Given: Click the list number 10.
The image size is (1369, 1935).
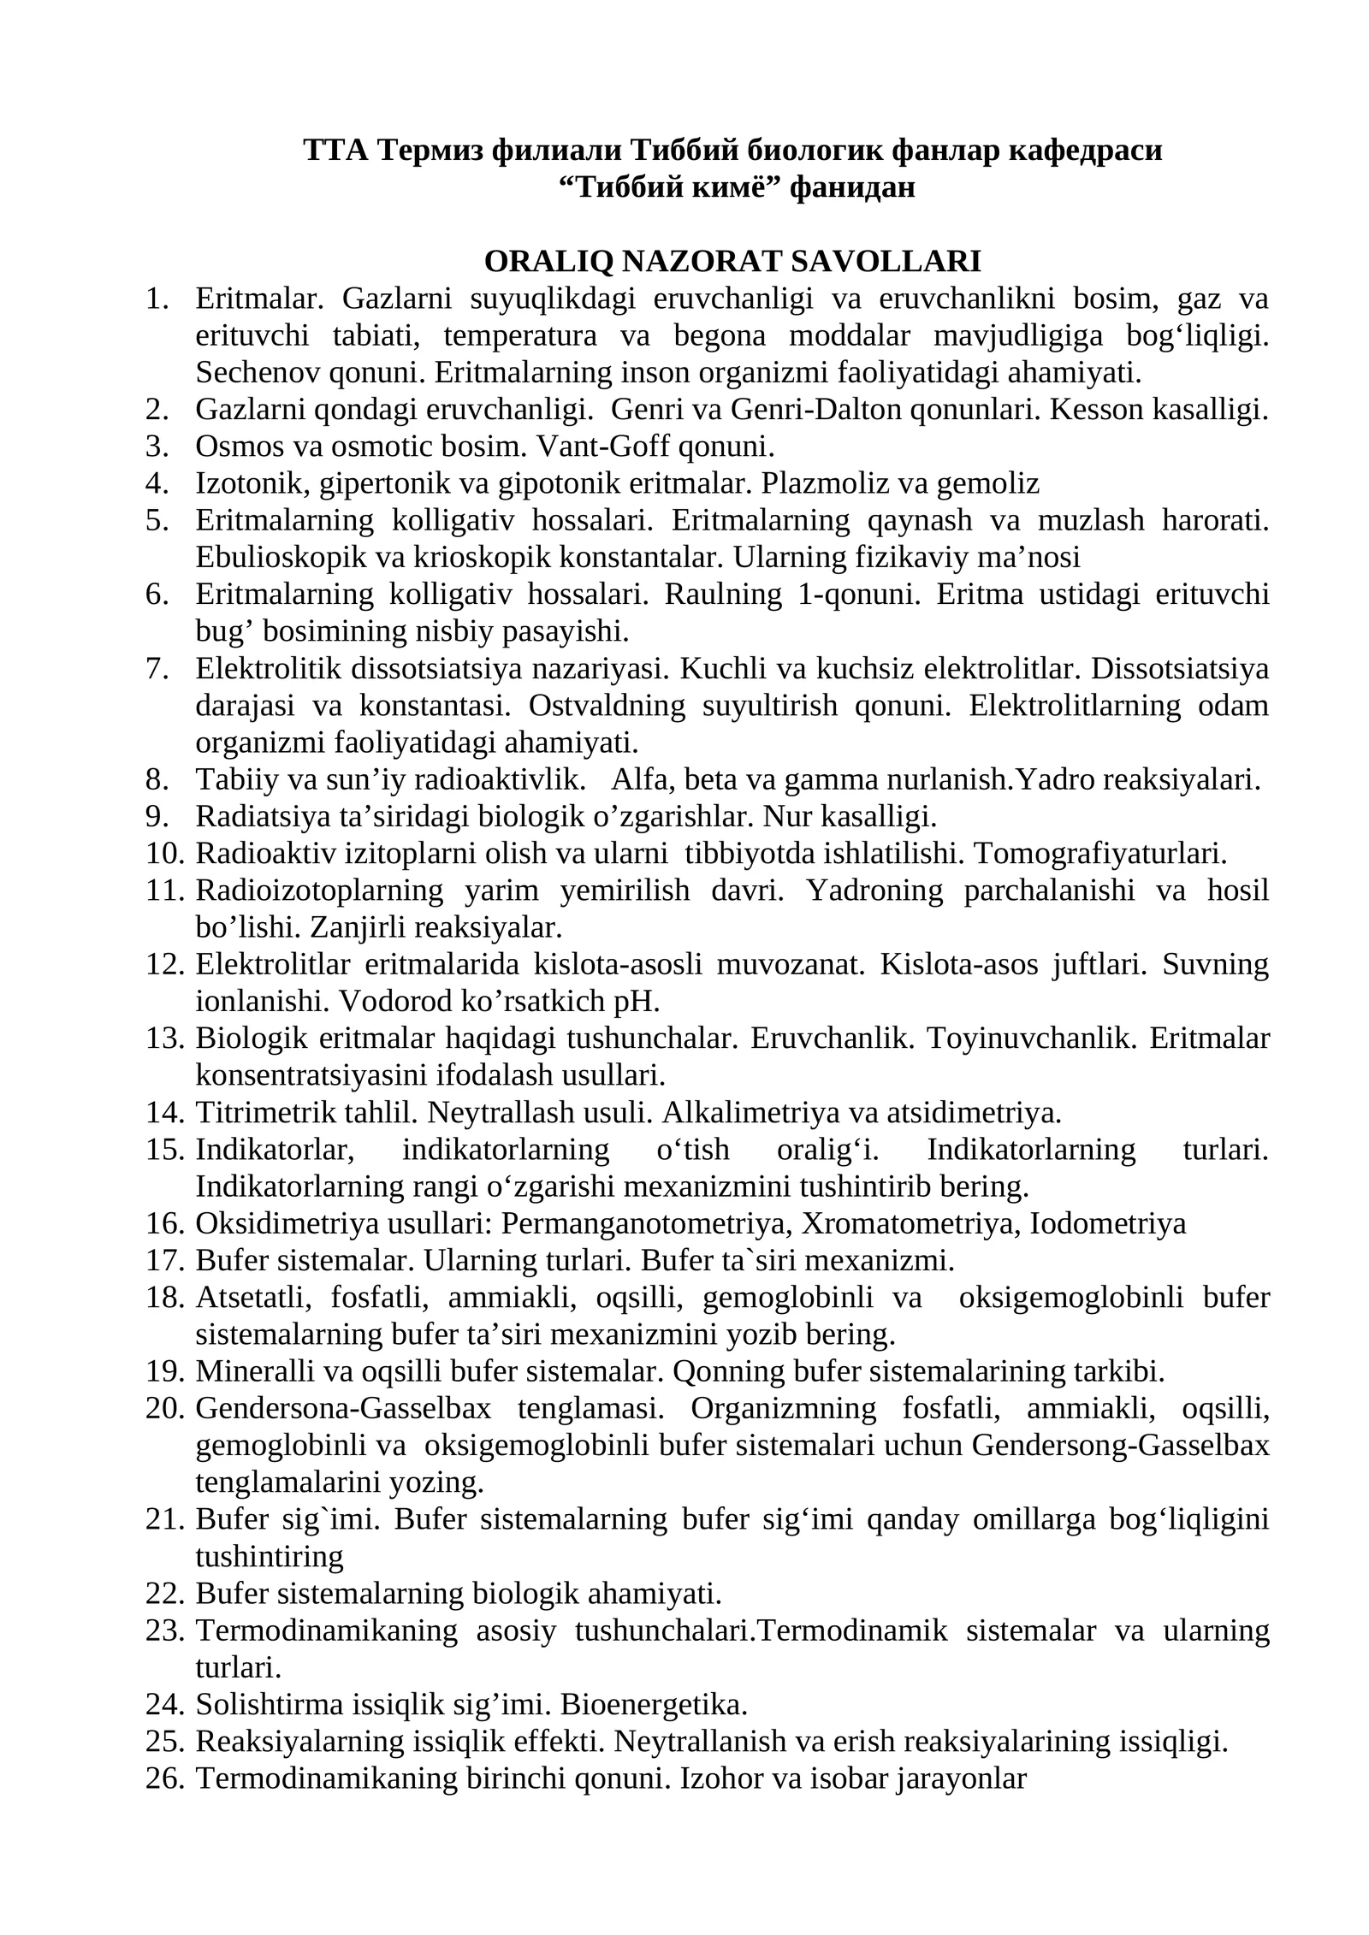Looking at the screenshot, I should [x=164, y=854].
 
